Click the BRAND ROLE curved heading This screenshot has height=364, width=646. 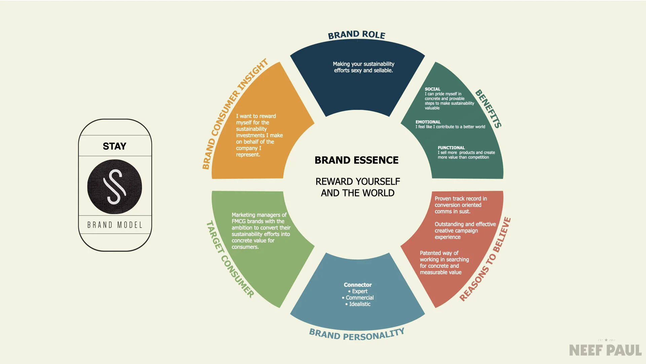357,35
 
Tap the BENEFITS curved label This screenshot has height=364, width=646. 489,109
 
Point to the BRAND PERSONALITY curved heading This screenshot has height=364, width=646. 357,334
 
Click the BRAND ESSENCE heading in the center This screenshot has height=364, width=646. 357,160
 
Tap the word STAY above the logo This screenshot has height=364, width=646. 114,146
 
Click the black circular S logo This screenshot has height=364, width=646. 114,187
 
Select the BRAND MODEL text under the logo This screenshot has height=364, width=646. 115,225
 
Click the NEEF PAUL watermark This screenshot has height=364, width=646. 605,351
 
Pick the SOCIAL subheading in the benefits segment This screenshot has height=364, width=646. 432,89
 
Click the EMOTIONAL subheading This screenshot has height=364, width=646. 428,122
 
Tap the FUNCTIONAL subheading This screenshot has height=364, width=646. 451,148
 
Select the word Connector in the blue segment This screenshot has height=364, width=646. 358,285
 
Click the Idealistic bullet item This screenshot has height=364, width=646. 360,304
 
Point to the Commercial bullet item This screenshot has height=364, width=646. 360,298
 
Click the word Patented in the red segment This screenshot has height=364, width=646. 430,253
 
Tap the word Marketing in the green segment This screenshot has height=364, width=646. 243,215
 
